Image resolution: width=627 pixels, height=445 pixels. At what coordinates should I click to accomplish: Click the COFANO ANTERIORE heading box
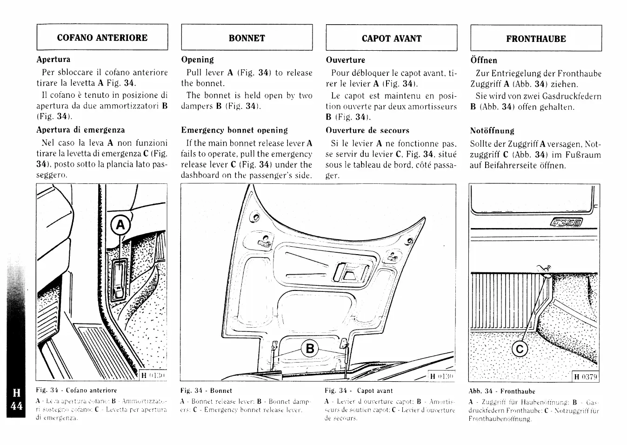click(102, 37)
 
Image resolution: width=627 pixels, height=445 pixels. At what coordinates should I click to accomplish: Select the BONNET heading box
click(247, 38)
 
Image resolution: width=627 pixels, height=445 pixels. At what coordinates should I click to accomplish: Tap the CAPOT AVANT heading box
click(391, 38)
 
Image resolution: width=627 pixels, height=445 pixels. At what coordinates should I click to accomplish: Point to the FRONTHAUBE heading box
click(536, 38)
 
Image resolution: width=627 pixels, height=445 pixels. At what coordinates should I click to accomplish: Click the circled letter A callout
click(120, 225)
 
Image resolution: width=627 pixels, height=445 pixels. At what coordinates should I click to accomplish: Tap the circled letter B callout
click(310, 348)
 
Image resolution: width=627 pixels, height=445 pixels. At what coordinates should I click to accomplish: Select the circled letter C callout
click(520, 349)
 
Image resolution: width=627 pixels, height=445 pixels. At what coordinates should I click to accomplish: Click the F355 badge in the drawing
click(566, 223)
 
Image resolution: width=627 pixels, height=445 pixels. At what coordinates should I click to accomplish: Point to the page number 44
click(16, 406)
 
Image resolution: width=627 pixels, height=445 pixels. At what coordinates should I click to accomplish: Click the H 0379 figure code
click(585, 377)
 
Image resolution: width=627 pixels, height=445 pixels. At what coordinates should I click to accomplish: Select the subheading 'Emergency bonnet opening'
click(234, 130)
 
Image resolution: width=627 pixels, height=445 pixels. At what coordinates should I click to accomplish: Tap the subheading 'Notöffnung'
click(492, 131)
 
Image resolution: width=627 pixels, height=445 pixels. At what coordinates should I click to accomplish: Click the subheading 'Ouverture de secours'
click(367, 130)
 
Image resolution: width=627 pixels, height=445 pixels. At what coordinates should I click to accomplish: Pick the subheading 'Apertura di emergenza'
click(81, 130)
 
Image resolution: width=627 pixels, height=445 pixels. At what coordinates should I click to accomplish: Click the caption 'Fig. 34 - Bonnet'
click(206, 391)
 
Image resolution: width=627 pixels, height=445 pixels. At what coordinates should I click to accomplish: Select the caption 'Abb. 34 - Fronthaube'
click(502, 391)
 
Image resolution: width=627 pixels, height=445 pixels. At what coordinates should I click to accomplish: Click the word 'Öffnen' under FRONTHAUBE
click(484, 60)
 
